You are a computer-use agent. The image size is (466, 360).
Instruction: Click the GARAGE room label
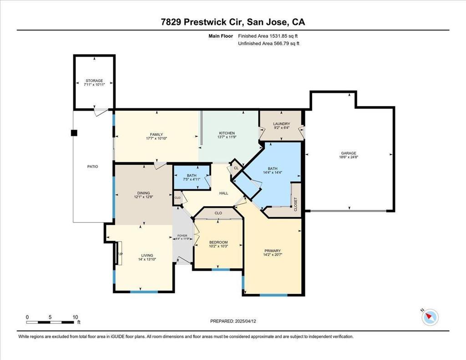[x=349, y=153]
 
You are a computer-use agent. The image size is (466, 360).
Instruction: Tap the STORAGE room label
[x=94, y=81]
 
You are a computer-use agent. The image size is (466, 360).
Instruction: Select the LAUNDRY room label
[x=281, y=124]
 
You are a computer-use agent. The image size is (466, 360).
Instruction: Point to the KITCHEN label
[x=227, y=133]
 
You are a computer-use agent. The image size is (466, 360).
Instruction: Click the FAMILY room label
[x=157, y=135]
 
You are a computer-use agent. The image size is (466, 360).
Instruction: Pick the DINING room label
[x=143, y=193]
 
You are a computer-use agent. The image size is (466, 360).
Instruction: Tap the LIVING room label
[x=147, y=255]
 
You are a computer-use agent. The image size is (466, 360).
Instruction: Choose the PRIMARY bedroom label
[x=272, y=251]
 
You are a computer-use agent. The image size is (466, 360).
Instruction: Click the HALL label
[x=224, y=193]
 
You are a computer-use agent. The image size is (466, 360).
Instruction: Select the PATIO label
[x=92, y=167]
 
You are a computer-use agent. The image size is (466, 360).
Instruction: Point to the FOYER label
[x=182, y=236]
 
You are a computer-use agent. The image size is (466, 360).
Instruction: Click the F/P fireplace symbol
[x=120, y=254]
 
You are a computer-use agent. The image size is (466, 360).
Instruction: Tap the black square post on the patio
[x=74, y=133]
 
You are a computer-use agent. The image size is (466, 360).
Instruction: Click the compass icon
[x=430, y=317]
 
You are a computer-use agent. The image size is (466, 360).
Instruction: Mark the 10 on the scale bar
[x=75, y=317]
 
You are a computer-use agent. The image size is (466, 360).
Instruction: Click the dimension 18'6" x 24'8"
[x=349, y=157]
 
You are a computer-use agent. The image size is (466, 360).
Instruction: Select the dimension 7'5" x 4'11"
[x=192, y=179]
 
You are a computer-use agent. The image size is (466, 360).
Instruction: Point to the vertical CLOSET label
[x=295, y=204]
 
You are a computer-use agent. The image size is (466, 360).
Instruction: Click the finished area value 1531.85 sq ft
[x=284, y=36]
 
